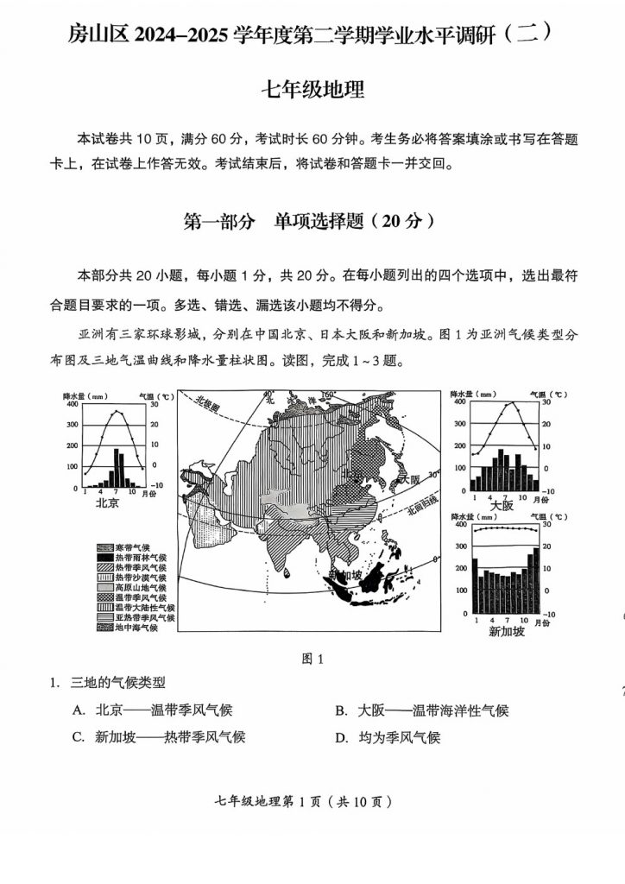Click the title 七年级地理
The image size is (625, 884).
coord(312,89)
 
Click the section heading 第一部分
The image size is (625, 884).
coord(219,221)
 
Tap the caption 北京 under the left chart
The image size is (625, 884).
coord(107,503)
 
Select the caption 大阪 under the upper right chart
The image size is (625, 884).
coord(502,505)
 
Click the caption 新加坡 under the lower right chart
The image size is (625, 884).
coord(506,631)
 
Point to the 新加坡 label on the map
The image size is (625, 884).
coord(344,576)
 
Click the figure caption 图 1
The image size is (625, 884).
coord(312,659)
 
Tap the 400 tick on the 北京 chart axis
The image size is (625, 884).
coord(72,404)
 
